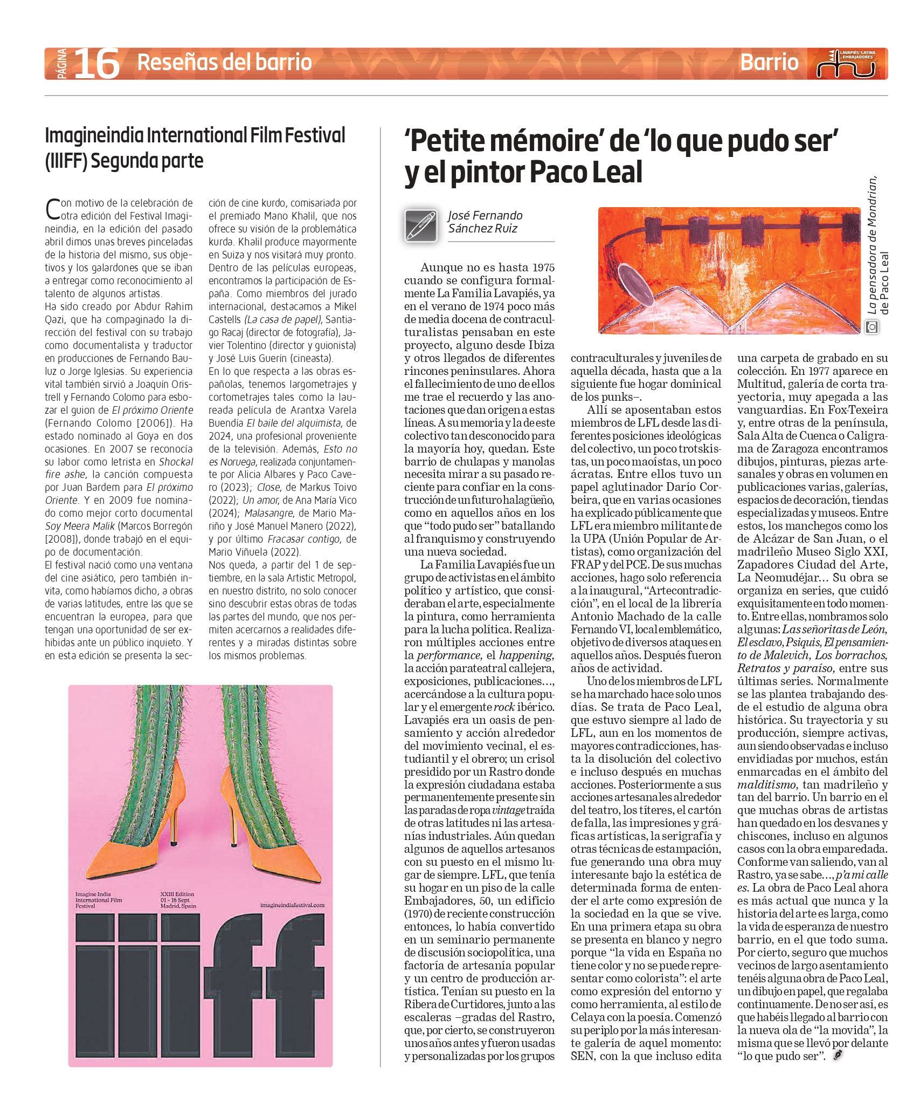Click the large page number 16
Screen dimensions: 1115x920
(x=96, y=64)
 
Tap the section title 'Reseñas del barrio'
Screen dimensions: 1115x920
(x=224, y=63)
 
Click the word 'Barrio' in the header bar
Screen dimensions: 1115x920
(x=769, y=63)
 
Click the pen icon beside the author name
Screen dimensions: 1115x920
(x=421, y=225)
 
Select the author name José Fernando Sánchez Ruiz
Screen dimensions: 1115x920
(x=485, y=222)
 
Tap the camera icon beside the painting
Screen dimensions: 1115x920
(x=871, y=327)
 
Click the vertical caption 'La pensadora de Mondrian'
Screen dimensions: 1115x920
(x=872, y=245)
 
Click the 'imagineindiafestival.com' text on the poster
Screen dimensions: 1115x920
(x=292, y=905)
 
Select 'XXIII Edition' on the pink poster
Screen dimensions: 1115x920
(x=177, y=894)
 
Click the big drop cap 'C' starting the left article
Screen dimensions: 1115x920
(x=52, y=209)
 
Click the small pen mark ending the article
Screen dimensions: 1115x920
(x=837, y=1056)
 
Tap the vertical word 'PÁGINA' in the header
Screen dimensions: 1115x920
(x=61, y=64)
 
